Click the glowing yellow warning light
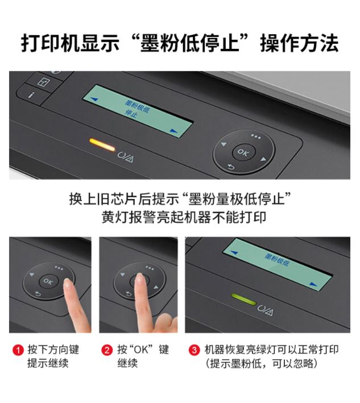click(102, 145)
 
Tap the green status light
click(243, 299)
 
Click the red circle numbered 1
click(18, 350)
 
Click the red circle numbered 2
click(107, 350)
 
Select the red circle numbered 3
click(194, 350)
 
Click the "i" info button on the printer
click(31, 95)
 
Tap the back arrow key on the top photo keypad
click(231, 167)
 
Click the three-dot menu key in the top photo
click(256, 136)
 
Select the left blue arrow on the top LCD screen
click(94, 99)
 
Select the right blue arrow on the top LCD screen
click(174, 131)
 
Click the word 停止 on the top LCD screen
click(131, 113)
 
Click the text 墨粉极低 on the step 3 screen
click(277, 260)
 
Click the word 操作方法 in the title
click(299, 44)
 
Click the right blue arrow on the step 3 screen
click(313, 284)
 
